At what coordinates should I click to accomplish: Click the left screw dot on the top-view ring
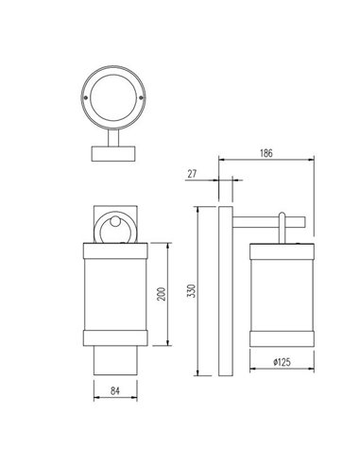[87, 97]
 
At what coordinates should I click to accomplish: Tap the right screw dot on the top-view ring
[138, 97]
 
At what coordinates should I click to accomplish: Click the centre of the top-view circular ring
[112, 97]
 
